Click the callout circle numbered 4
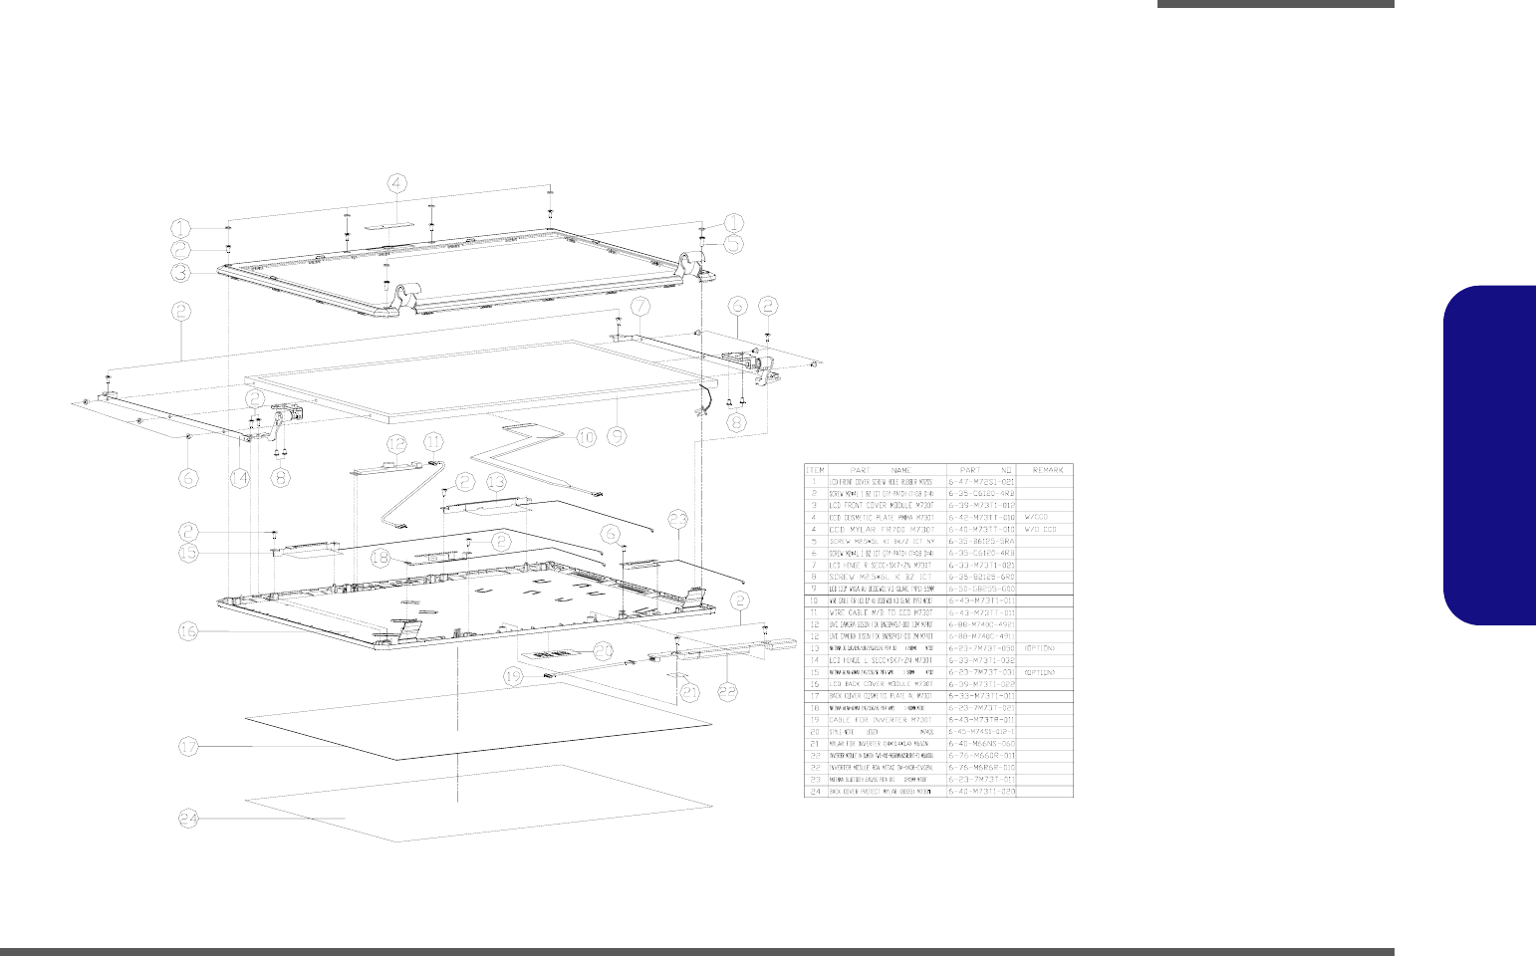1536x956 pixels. click(397, 183)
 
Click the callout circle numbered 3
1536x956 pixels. click(180, 270)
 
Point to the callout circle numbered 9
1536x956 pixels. click(617, 434)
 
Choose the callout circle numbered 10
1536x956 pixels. click(586, 436)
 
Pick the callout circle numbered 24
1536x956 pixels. click(190, 818)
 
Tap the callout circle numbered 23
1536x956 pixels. click(678, 519)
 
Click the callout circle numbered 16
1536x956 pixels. click(190, 629)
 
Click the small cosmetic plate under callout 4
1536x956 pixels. click(398, 227)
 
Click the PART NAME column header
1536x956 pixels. click(888, 469)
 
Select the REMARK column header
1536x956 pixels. click(1046, 469)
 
